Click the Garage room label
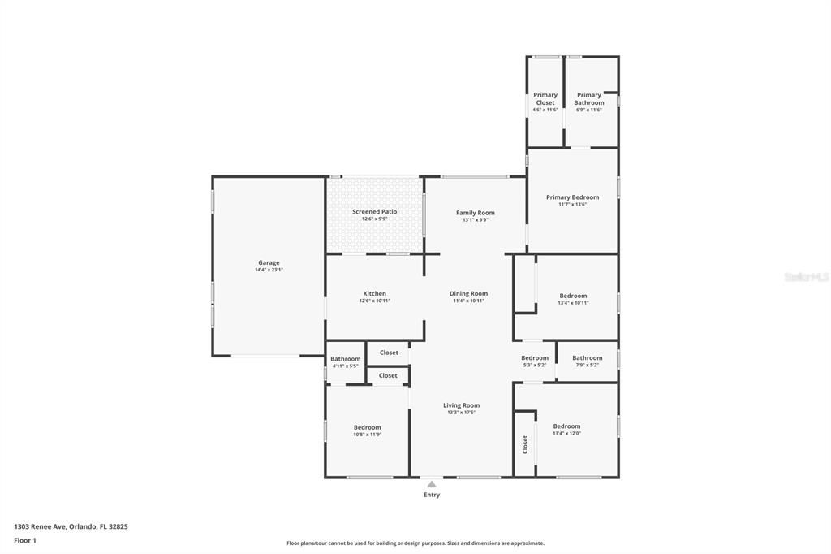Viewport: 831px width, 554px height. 269,262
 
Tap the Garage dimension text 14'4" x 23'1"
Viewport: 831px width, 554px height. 269,270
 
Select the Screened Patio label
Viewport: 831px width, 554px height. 374,211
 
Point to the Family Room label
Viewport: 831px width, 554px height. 475,213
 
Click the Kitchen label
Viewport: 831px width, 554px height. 374,293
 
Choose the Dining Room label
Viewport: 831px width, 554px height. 468,293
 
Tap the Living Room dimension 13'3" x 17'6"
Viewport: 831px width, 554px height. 461,413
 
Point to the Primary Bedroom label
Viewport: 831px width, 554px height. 572,197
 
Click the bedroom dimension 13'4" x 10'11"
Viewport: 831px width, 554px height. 573,303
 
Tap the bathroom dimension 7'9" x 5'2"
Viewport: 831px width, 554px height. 587,365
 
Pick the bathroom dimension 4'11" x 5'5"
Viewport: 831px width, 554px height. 345,366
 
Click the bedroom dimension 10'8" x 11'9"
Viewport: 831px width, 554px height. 367,435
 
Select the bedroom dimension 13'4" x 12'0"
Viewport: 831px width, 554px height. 566,434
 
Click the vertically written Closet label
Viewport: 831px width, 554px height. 525,444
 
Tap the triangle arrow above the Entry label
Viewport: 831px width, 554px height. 432,484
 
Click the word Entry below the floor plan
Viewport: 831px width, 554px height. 432,495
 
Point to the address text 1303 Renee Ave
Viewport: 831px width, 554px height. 41,526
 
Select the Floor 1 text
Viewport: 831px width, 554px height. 25,540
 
